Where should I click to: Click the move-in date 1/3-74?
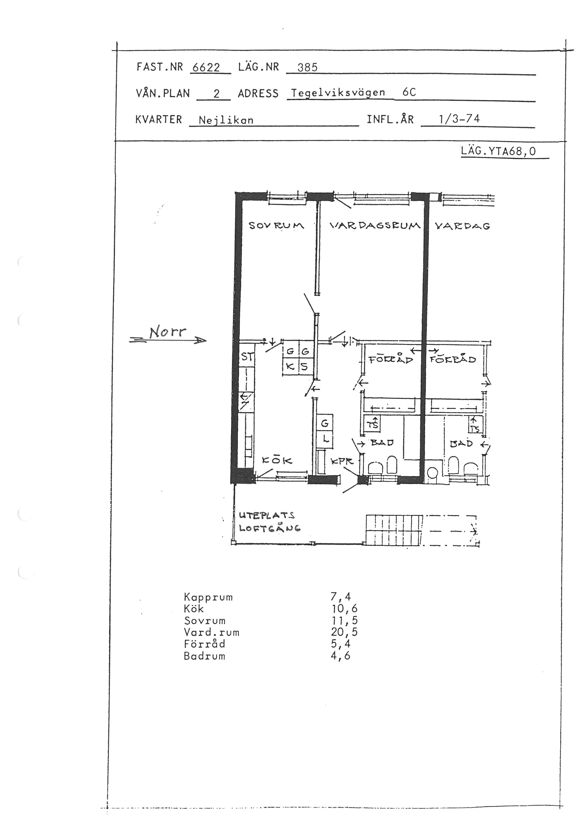tap(459, 119)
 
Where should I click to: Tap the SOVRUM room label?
tap(276, 226)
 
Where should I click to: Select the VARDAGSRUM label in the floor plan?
tap(375, 226)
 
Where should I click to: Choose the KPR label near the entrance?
tap(342, 461)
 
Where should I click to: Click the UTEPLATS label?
tap(267, 515)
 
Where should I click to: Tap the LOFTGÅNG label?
tap(269, 528)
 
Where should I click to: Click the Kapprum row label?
tap(208, 597)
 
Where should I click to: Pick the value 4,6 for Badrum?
tap(341, 656)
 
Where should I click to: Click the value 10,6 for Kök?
tap(344, 608)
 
